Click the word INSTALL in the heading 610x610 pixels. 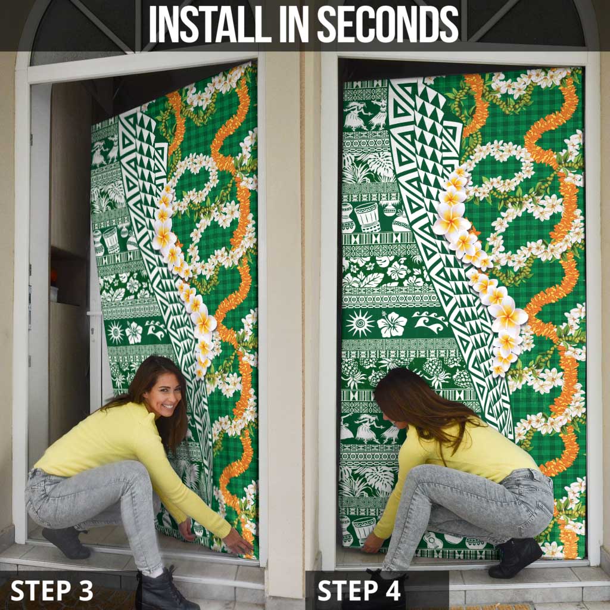pos(210,24)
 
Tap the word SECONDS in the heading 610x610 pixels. pos(387,24)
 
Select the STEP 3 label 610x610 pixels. pos(52,590)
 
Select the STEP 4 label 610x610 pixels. pos(359,590)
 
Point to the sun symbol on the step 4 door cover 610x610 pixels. pos(359,323)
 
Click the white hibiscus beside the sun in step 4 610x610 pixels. pos(392,325)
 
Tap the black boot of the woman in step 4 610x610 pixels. pos(515,557)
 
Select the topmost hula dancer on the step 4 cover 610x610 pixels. pos(357,116)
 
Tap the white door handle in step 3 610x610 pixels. pos(94,313)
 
